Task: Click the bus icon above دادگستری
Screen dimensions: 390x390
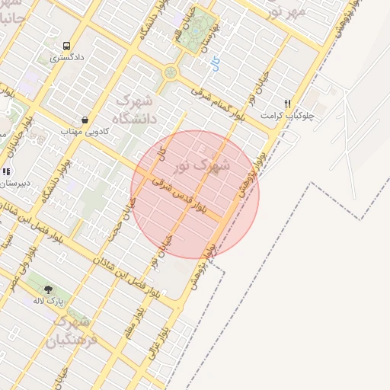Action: coord(66,46)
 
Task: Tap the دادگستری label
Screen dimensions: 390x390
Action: coord(67,57)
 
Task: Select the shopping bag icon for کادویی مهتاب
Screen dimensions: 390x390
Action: coord(83,120)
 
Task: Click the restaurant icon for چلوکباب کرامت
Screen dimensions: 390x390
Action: coord(287,104)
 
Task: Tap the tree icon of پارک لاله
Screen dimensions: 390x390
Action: coord(49,289)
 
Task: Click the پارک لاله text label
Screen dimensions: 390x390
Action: coord(47,301)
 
